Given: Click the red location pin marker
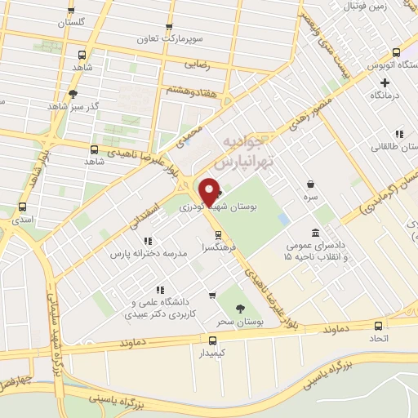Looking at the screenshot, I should point(211,191).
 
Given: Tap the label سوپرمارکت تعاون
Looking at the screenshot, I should point(171,38).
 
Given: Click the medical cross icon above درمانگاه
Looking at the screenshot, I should point(385,82).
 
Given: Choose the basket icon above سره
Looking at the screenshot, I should point(310,185).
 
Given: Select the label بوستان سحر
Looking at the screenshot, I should point(239,323).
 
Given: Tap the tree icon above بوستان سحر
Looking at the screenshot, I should point(239,308).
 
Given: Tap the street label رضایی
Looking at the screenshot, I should point(196,62).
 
